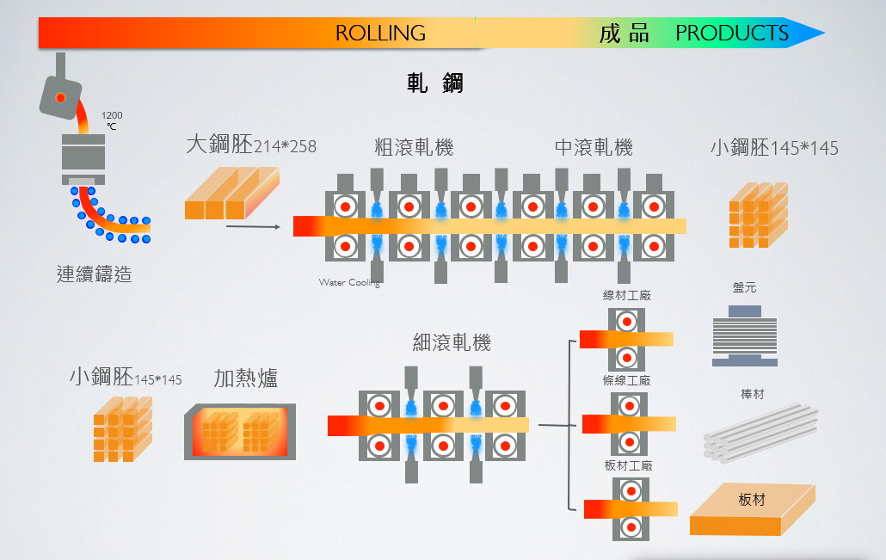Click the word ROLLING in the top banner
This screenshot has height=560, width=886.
(380, 34)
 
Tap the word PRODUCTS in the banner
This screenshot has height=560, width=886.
(732, 34)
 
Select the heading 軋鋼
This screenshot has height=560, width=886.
(435, 83)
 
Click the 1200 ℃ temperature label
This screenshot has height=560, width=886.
(112, 120)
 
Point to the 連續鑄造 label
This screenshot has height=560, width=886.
(95, 275)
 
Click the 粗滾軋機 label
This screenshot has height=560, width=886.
(414, 147)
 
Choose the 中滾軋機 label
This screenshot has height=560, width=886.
(594, 147)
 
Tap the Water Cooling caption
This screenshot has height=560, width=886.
(349, 282)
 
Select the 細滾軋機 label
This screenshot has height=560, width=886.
(452, 342)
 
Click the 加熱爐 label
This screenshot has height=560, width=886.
(245, 378)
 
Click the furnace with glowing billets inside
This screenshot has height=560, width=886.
(240, 432)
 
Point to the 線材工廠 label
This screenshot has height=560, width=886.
(627, 295)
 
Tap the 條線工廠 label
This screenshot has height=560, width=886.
(627, 380)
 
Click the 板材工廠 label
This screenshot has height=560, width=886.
(628, 465)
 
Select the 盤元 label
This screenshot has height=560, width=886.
(745, 287)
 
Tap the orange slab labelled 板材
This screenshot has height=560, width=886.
(752, 509)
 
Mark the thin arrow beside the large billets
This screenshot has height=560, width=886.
(254, 227)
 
